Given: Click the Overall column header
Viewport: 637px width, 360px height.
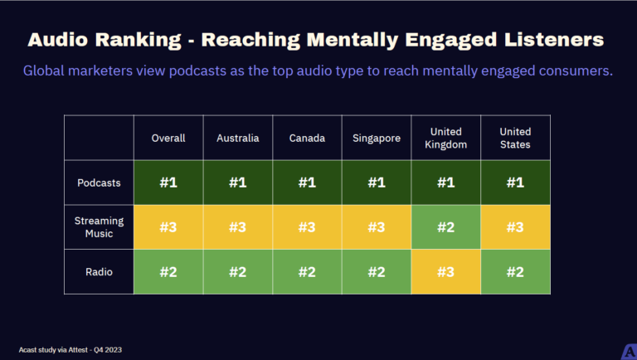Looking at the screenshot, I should tap(168, 138).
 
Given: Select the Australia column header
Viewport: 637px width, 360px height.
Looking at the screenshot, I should tap(237, 138).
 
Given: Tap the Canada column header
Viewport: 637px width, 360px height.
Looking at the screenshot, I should tap(307, 138).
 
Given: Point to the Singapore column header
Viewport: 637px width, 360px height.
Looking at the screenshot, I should tap(377, 138).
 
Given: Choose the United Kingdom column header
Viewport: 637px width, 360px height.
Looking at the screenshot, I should tap(446, 138).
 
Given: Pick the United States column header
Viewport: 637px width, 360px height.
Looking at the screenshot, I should tap(516, 138).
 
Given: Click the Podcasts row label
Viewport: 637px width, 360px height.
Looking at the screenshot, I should tap(99, 182).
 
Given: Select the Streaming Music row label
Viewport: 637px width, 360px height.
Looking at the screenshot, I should tap(99, 227).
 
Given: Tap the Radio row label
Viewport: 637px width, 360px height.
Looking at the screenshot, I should tap(99, 271).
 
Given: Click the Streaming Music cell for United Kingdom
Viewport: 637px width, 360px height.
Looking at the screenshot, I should tap(446, 227).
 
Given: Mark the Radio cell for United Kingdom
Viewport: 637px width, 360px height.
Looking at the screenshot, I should tap(446, 271).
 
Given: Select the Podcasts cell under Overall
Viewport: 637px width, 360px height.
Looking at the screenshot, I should tap(168, 182).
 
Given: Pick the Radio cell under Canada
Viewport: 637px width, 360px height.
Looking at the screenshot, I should tap(307, 271).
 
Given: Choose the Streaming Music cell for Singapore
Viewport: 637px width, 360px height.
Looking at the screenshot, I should tap(377, 227).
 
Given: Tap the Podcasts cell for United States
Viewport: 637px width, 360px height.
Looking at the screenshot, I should tap(516, 182).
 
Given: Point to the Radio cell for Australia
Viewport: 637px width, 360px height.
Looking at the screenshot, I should tap(237, 271).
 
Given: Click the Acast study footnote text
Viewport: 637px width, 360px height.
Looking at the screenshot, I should tap(71, 349).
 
